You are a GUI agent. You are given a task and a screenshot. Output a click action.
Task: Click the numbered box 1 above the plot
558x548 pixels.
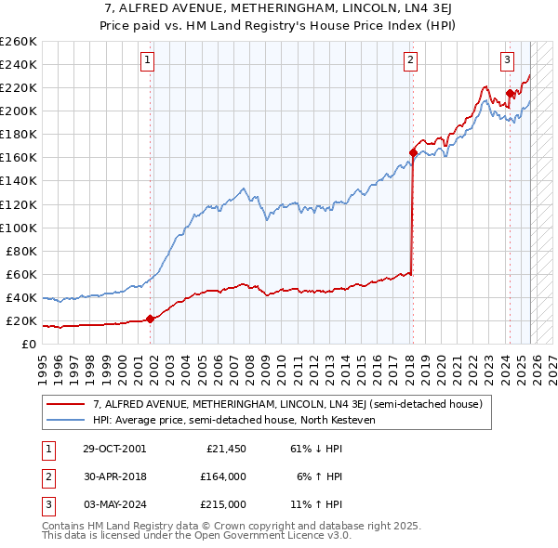148,61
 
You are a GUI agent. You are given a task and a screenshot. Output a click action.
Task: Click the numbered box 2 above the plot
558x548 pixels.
410,61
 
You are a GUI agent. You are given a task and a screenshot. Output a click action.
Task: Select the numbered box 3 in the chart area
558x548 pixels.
507,61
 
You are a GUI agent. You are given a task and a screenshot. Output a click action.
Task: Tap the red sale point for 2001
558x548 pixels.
151,319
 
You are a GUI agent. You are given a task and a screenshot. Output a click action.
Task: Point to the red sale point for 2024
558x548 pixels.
510,93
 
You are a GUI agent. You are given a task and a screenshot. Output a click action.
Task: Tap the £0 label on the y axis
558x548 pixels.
27,345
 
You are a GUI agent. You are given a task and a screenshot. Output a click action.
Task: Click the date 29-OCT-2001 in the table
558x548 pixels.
114,449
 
